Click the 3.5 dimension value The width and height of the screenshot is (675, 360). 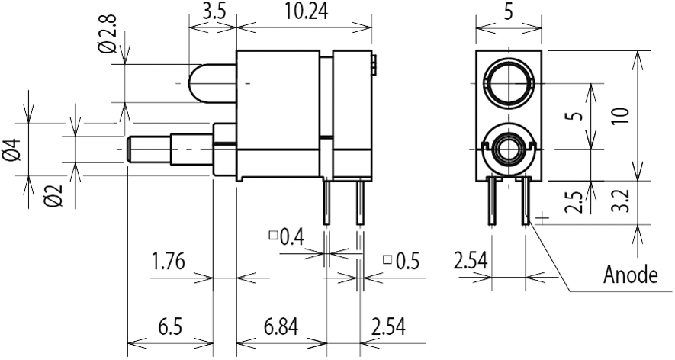coord(212,13)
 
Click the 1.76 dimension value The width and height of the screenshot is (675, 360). coord(168,262)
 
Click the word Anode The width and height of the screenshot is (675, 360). coord(630,274)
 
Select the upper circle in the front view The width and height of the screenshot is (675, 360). coord(508,82)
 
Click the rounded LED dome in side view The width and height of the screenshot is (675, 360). coord(200,82)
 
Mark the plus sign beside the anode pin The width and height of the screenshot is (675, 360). coord(542,219)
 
